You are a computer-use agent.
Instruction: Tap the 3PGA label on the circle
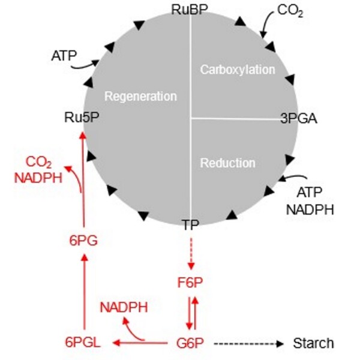tap(298, 118)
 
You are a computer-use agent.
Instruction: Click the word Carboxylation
tap(237, 70)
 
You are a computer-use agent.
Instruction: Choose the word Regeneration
tap(140, 96)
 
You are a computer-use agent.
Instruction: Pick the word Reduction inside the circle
tap(227, 163)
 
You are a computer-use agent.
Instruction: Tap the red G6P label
tap(190, 344)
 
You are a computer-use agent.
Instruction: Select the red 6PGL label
tap(82, 344)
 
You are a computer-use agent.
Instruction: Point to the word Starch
tap(313, 344)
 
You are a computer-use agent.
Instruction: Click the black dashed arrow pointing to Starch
tap(245, 344)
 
